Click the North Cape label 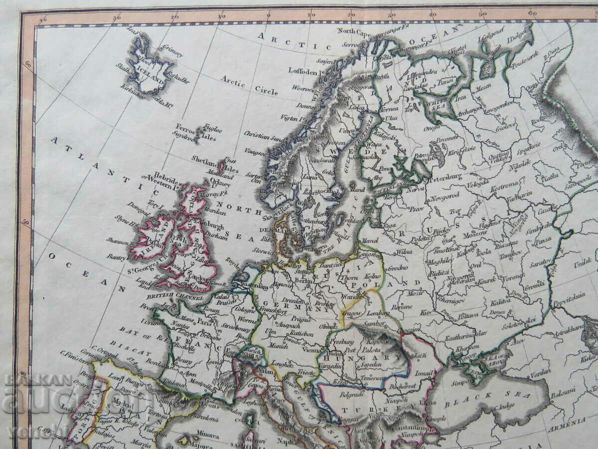click(x=353, y=30)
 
